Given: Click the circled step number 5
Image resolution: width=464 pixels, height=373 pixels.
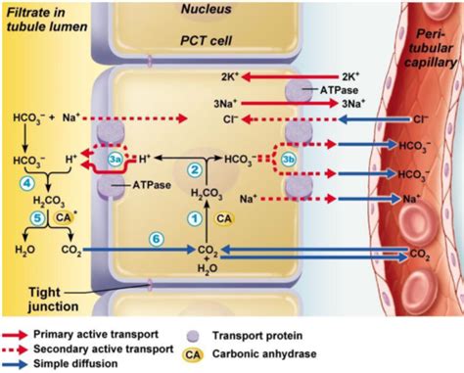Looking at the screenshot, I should (37, 219).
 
